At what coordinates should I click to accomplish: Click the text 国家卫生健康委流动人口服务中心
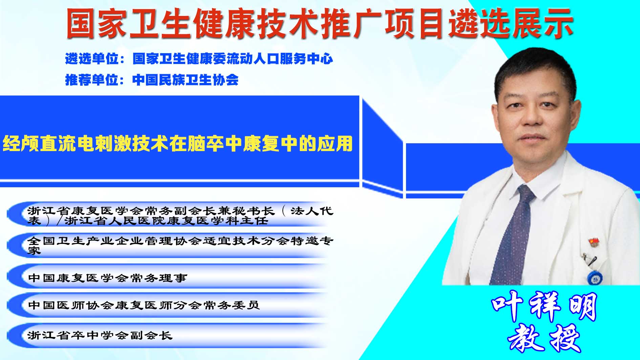pos(233,59)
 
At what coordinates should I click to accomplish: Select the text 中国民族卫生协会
pos(186,80)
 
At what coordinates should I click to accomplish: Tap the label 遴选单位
pos(92,59)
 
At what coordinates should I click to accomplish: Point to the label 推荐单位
pos(92,80)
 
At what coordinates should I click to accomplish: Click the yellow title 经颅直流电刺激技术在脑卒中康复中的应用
pos(178,143)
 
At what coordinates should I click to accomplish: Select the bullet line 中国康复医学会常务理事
pos(108,278)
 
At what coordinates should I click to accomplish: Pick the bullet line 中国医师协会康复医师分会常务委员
pos(144,305)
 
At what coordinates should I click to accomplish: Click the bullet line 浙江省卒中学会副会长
pos(100,335)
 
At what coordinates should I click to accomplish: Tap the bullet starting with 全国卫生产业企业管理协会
pos(180,246)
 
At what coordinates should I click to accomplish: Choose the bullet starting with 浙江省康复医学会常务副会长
pos(180,216)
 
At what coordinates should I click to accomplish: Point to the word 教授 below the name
pos(544,338)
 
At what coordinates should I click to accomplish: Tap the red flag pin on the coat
pos(594,242)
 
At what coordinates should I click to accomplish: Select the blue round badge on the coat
pos(595,278)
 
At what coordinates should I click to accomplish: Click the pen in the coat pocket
pos(589,259)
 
